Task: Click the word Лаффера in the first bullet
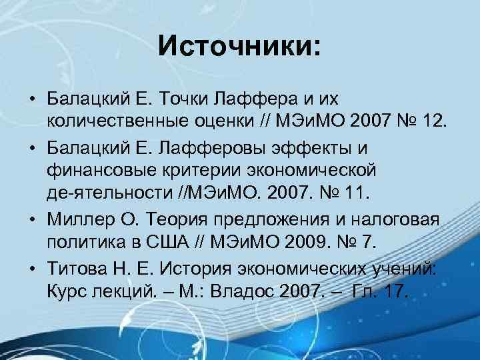(x=241, y=100)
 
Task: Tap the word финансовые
(x=98, y=169)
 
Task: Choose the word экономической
(x=313, y=169)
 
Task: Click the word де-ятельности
(x=110, y=192)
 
